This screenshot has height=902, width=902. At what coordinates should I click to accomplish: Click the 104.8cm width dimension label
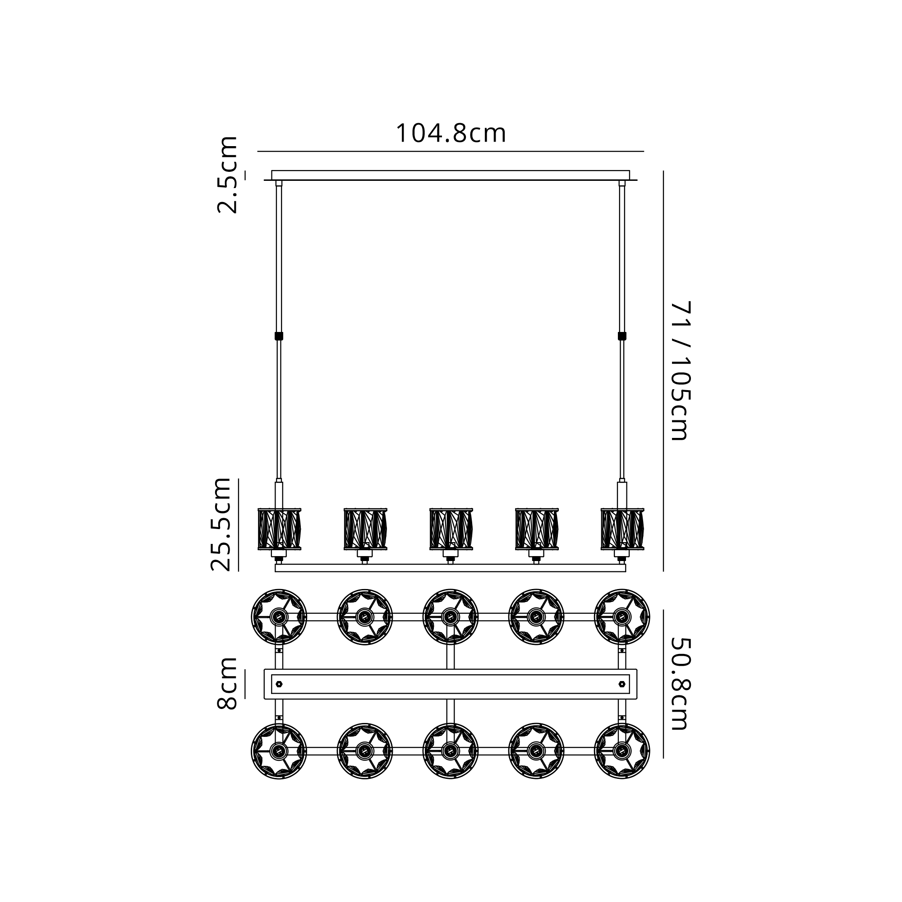(451, 134)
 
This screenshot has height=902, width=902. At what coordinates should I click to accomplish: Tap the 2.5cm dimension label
(227, 175)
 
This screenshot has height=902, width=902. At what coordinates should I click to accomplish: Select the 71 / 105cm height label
(680, 371)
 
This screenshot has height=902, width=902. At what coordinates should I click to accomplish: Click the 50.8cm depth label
(680, 684)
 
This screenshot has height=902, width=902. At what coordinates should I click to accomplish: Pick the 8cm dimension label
(227, 684)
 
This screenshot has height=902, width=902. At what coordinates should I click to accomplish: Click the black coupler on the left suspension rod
(279, 336)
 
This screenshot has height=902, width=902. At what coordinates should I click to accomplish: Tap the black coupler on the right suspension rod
(622, 336)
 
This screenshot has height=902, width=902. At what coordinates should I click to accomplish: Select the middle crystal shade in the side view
(451, 529)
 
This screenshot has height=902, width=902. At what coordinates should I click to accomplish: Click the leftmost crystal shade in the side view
(279, 529)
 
